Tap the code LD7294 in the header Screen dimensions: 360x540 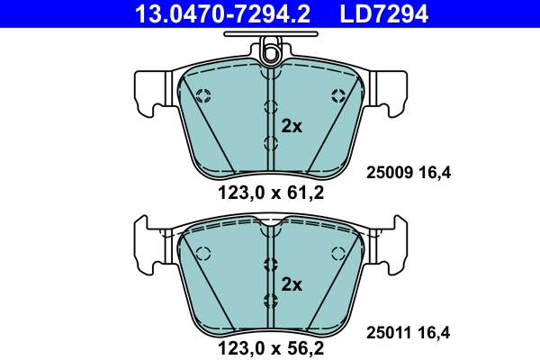(382, 13)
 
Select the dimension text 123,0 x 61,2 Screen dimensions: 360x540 (270, 191)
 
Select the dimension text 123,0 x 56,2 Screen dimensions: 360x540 (270, 346)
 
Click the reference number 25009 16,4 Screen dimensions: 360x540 (408, 173)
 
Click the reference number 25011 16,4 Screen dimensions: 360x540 (408, 332)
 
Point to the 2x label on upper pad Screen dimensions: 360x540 (292, 126)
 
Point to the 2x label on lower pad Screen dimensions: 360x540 (292, 284)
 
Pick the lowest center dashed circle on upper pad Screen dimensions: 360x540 (270, 143)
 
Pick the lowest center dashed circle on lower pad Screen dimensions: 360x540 (270, 300)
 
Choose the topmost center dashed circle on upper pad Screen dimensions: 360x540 (270, 106)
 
